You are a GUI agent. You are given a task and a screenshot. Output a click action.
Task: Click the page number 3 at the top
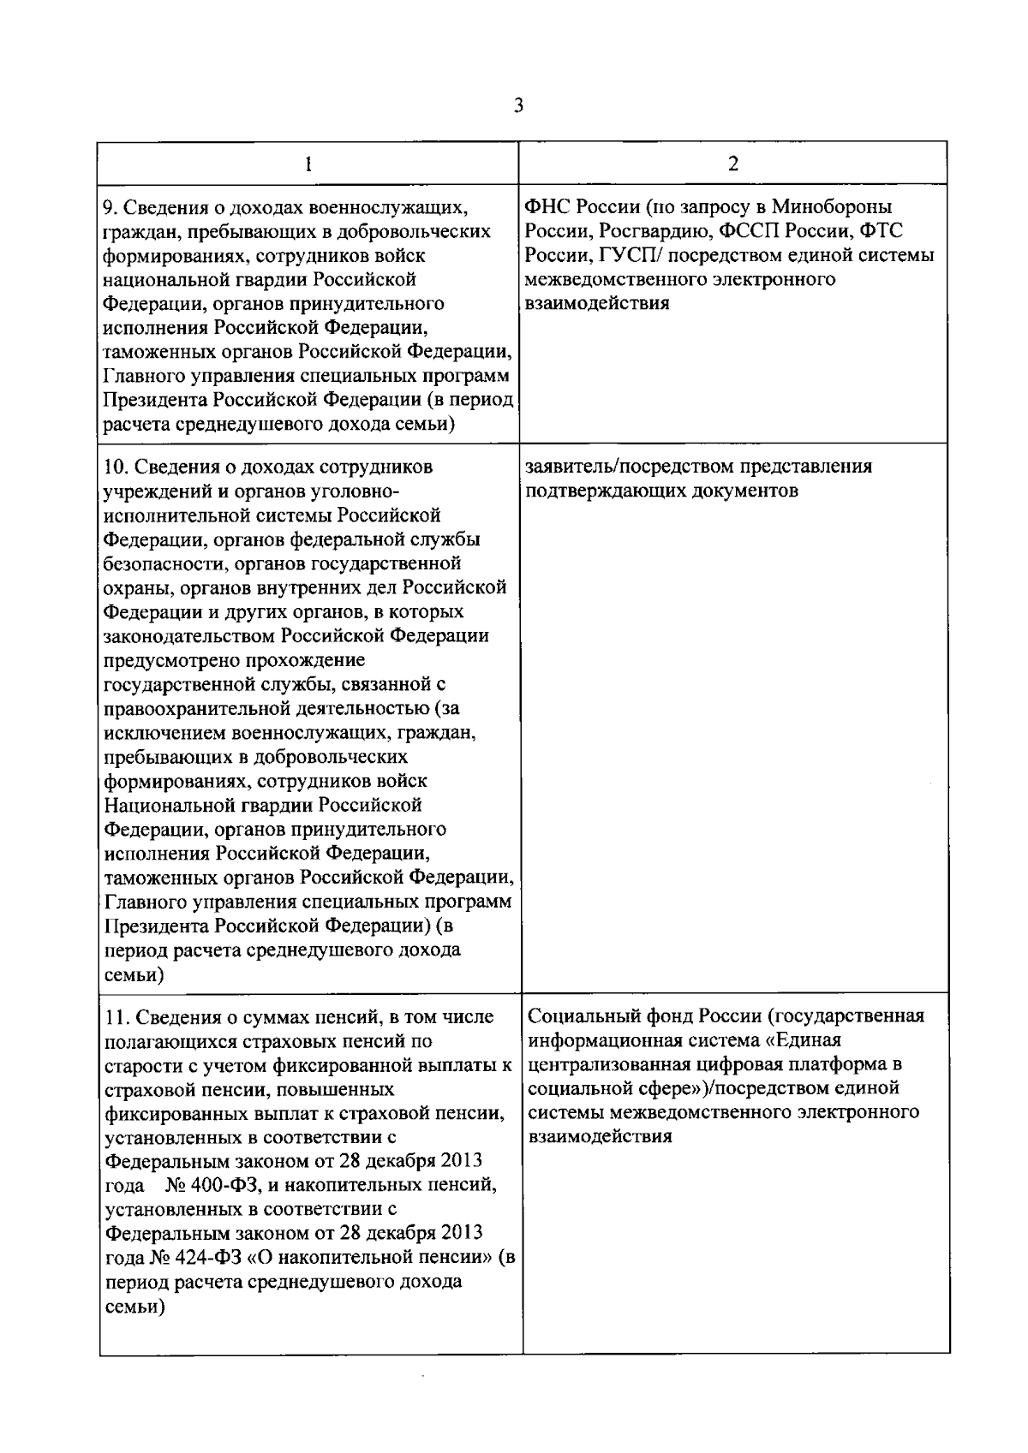coord(517,106)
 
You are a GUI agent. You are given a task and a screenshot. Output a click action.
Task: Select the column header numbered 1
coord(308,164)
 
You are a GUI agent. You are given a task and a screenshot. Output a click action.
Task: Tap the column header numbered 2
coord(733,164)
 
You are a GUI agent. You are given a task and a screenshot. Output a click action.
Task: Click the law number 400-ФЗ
coord(216,1185)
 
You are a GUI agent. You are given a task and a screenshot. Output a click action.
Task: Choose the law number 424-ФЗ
coord(208,1257)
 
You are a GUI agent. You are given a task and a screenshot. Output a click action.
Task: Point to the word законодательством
coord(188,636)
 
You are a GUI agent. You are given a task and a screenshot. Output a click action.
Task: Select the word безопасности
coord(160,563)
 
